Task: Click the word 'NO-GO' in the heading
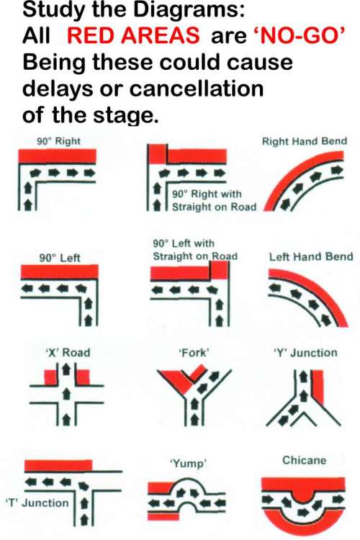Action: (298, 35)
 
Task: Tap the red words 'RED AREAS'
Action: (133, 35)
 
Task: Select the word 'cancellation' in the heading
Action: (197, 89)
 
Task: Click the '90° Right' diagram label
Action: (59, 141)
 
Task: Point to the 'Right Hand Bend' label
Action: (305, 141)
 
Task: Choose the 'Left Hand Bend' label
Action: (311, 256)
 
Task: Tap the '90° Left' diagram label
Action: (60, 258)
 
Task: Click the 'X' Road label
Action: (68, 353)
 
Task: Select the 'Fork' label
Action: (194, 353)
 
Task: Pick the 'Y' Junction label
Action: (305, 353)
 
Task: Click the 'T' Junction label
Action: (37, 503)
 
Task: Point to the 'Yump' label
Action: (189, 464)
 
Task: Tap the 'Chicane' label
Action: (304, 461)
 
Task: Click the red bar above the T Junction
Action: (58, 466)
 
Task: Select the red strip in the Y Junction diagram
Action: (318, 387)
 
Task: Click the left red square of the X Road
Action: (50, 377)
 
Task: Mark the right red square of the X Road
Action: (83, 377)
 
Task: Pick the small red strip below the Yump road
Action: (163, 517)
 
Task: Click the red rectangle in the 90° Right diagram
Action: (57, 156)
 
